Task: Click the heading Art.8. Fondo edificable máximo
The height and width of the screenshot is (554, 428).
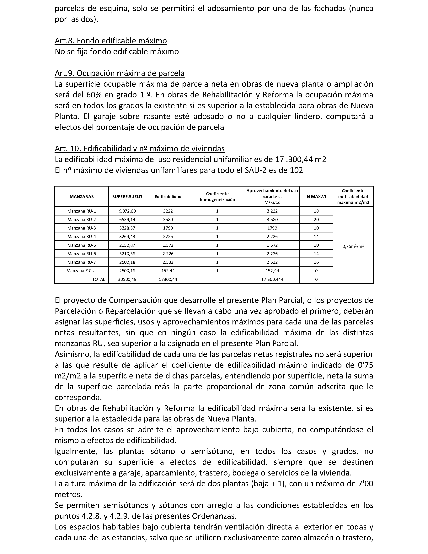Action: tap(111, 41)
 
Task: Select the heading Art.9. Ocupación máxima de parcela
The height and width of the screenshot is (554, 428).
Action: tap(120, 73)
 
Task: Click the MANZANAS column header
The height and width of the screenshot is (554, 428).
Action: tap(82, 197)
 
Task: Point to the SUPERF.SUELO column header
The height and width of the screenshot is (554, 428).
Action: tap(127, 197)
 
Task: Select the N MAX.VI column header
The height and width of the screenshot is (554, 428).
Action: tap(316, 197)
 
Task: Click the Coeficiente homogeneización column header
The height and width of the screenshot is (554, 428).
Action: tap(217, 197)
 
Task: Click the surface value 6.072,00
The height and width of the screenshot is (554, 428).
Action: tap(127, 211)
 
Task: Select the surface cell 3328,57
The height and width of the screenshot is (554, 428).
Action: tap(127, 228)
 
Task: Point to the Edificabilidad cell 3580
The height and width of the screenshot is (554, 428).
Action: tap(168, 219)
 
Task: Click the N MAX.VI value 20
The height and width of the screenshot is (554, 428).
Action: tap(316, 219)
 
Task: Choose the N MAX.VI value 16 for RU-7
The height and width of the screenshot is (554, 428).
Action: tap(316, 262)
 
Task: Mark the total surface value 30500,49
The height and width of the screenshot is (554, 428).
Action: tap(127, 279)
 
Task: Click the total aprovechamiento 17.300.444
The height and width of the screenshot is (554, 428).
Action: tap(272, 279)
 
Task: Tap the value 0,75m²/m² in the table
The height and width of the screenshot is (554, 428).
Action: tap(353, 246)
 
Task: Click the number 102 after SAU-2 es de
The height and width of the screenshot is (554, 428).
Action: tap(296, 170)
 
